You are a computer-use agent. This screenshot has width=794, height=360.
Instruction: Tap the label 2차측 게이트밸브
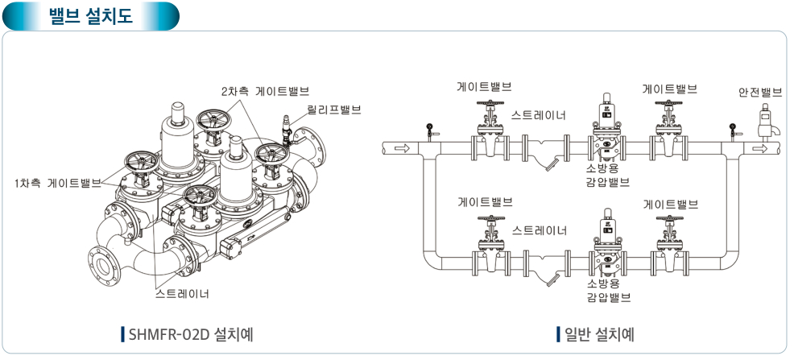click(266, 91)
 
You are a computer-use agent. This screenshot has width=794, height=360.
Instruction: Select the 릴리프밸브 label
click(334, 109)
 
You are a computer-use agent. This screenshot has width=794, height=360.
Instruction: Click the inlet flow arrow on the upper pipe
click(402, 148)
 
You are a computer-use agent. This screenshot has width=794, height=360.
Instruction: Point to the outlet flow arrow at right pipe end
click(758, 148)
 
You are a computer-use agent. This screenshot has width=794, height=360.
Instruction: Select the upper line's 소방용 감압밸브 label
click(608, 176)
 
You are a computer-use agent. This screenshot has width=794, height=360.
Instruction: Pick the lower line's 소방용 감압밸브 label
click(608, 291)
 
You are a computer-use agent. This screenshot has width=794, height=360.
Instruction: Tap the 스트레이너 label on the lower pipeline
click(540, 231)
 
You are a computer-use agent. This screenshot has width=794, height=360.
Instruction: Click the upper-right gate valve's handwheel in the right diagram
click(668, 104)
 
